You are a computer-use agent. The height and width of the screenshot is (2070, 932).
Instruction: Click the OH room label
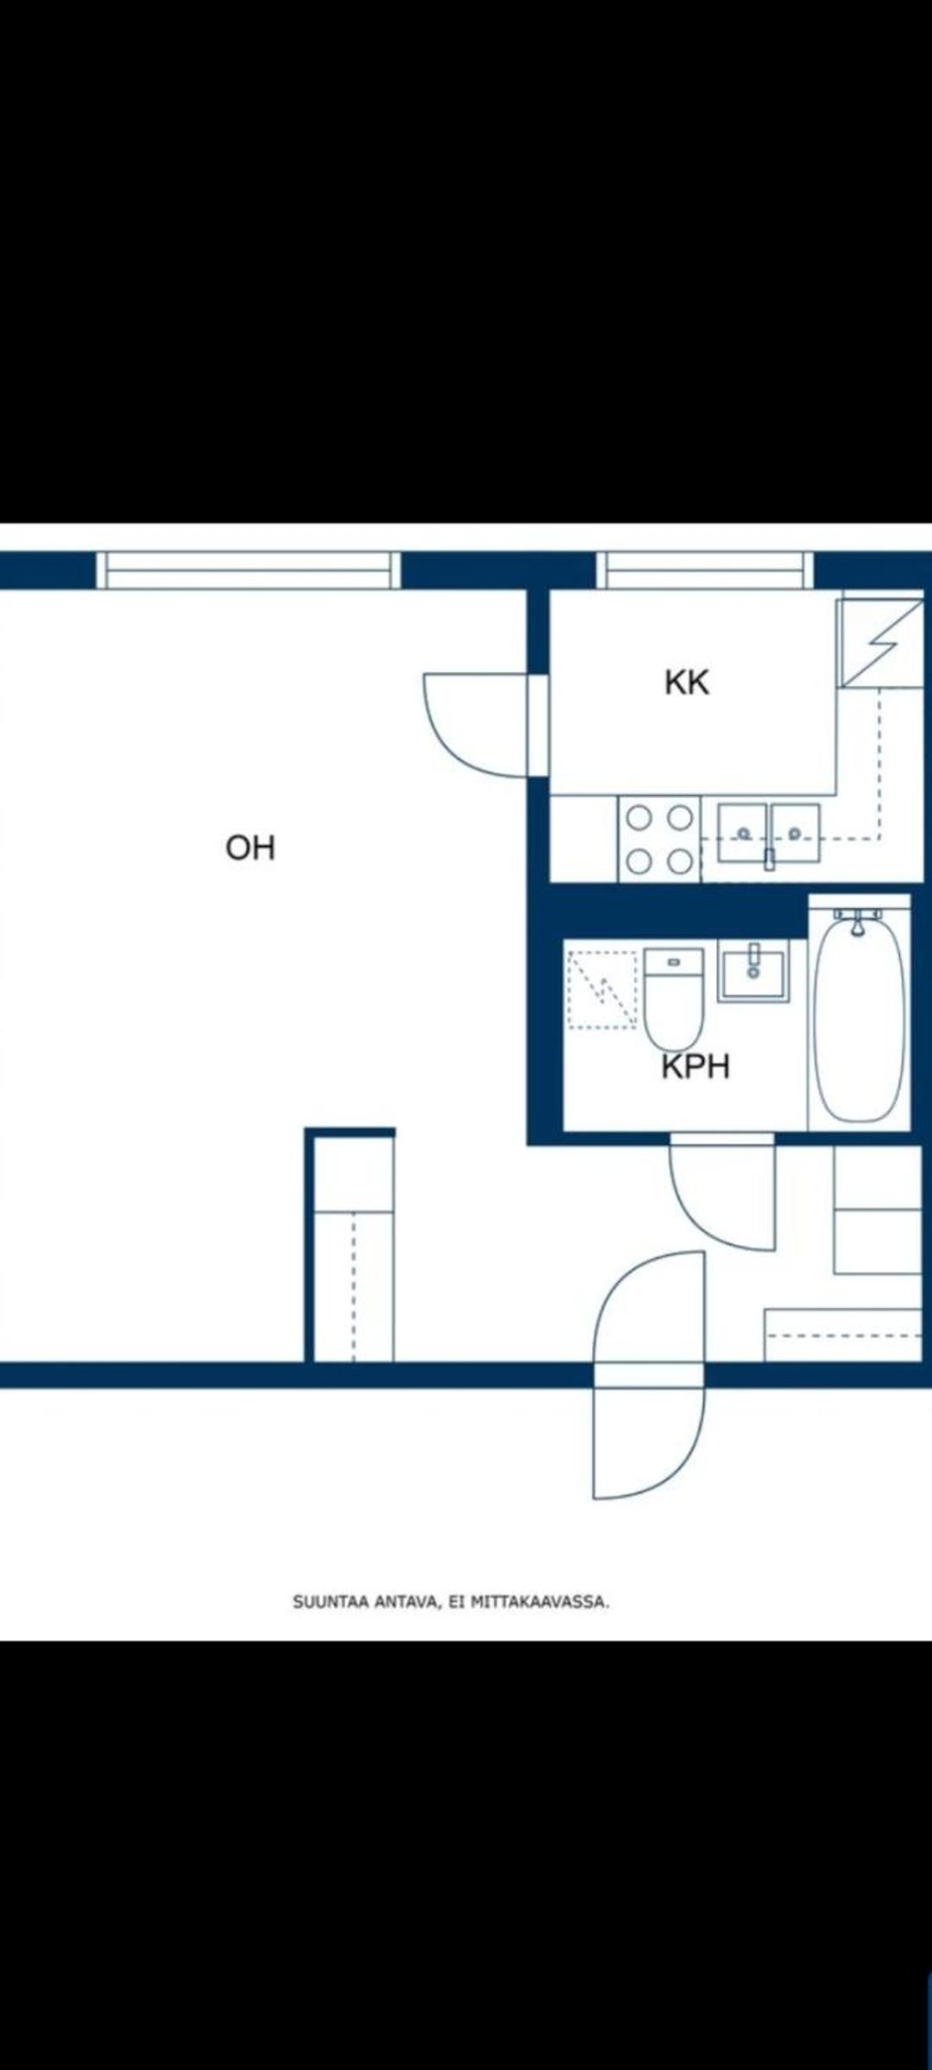click(x=250, y=848)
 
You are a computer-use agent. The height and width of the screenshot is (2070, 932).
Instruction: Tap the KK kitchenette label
click(x=687, y=682)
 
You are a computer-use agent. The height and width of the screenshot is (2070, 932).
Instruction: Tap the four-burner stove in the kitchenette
click(x=659, y=839)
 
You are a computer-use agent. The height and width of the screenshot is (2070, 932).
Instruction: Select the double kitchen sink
click(x=769, y=833)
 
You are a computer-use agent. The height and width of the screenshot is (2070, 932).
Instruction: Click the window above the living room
click(x=249, y=570)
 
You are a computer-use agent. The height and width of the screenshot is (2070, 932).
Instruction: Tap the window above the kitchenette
click(x=705, y=570)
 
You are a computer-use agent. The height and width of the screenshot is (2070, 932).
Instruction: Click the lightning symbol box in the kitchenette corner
click(x=880, y=643)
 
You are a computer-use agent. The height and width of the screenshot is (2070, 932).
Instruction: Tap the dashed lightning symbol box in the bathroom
click(x=602, y=989)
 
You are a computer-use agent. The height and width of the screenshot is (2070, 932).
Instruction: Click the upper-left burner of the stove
click(x=639, y=818)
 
